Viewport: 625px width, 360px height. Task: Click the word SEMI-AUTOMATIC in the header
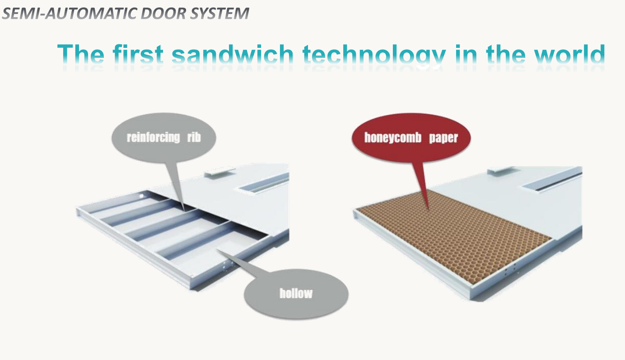[69, 14]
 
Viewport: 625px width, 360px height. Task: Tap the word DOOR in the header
[163, 14]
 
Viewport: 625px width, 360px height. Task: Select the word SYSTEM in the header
[219, 14]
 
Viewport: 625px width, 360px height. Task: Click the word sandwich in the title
[232, 54]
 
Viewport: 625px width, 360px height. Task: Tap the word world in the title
[569, 54]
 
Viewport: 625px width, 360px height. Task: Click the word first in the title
[138, 54]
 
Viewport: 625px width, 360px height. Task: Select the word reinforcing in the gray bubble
[153, 138]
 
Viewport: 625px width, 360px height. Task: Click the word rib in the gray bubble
[194, 137]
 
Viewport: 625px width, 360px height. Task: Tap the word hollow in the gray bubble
[296, 293]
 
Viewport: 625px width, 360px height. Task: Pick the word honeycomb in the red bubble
[392, 138]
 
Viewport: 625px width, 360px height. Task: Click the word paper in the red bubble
[443, 138]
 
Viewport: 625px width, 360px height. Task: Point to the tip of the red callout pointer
[428, 210]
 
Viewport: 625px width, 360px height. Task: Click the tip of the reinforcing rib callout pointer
[184, 210]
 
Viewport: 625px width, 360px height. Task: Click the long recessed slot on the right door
[552, 182]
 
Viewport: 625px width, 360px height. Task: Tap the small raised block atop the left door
[219, 172]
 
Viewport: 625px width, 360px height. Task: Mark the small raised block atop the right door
[501, 170]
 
